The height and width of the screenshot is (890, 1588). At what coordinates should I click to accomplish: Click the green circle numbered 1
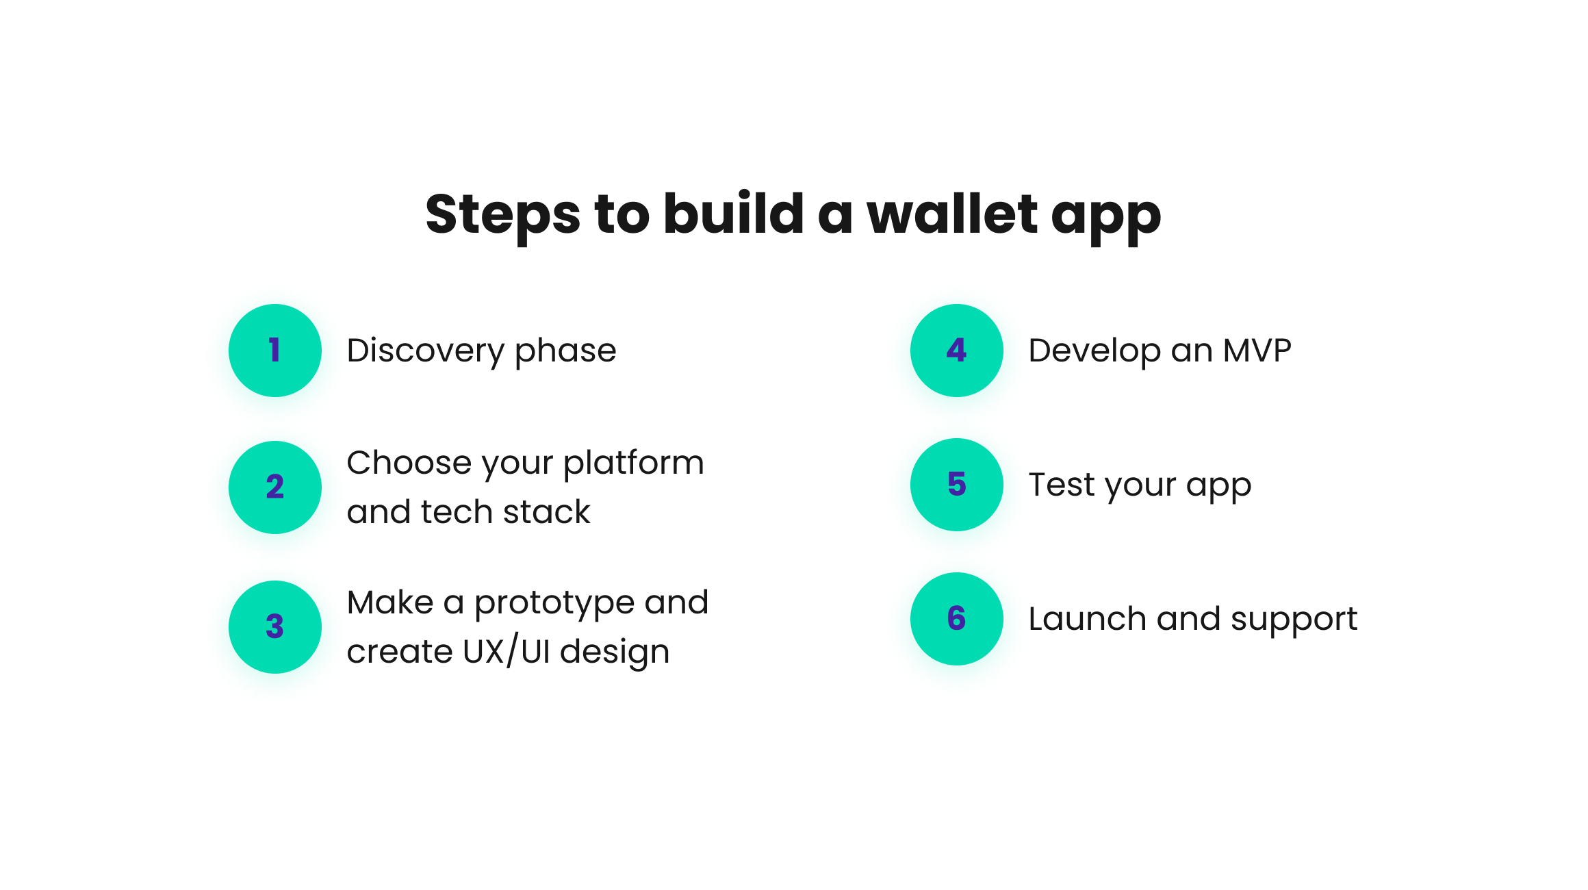(x=275, y=351)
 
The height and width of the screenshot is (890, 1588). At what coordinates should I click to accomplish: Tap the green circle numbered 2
(x=275, y=487)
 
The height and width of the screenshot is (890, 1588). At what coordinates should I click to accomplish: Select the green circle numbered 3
(x=275, y=627)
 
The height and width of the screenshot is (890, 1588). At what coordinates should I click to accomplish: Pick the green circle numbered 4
(x=957, y=351)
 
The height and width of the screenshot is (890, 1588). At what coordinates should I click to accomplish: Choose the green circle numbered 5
(x=957, y=485)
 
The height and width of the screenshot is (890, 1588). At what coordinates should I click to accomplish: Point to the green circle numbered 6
(x=957, y=619)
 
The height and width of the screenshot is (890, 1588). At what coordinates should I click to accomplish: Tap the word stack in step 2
(x=546, y=512)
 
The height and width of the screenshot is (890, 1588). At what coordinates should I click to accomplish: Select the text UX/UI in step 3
(x=507, y=651)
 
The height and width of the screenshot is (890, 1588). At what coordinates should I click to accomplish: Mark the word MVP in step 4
(x=1257, y=351)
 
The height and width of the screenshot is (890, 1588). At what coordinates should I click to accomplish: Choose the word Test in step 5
(x=1062, y=485)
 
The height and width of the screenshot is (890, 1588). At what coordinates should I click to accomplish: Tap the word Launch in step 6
(x=1088, y=619)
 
